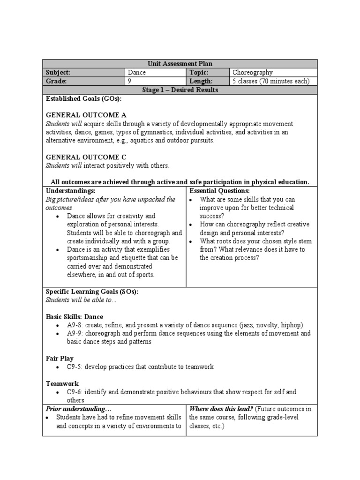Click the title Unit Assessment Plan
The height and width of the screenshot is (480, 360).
[180, 64]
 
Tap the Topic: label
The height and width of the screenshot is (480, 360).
[199, 73]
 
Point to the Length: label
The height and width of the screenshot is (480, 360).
[200, 81]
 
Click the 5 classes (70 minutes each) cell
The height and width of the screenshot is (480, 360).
[271, 81]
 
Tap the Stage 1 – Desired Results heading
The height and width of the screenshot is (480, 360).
[180, 90]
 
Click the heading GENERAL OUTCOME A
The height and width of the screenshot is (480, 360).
[86, 115]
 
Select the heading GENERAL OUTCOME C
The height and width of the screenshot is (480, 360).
[86, 157]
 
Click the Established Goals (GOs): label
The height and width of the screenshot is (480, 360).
[83, 98]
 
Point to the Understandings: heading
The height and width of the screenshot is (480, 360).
[70, 191]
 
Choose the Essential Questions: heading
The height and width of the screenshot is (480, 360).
[219, 191]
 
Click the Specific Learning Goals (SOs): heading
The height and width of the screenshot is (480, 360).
[92, 292]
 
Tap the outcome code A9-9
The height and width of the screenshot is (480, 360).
[75, 333]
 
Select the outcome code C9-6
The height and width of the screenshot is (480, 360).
[75, 392]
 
